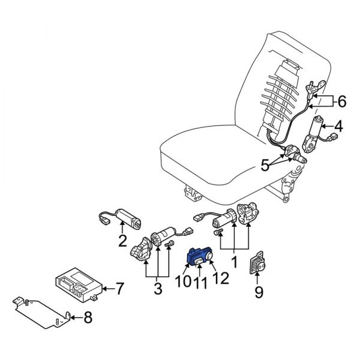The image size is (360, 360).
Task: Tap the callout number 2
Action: [122, 242]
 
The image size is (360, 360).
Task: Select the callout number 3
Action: [158, 289]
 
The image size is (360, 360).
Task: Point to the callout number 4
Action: [338, 127]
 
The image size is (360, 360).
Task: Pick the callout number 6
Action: [341, 102]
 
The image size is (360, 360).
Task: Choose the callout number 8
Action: [88, 318]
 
